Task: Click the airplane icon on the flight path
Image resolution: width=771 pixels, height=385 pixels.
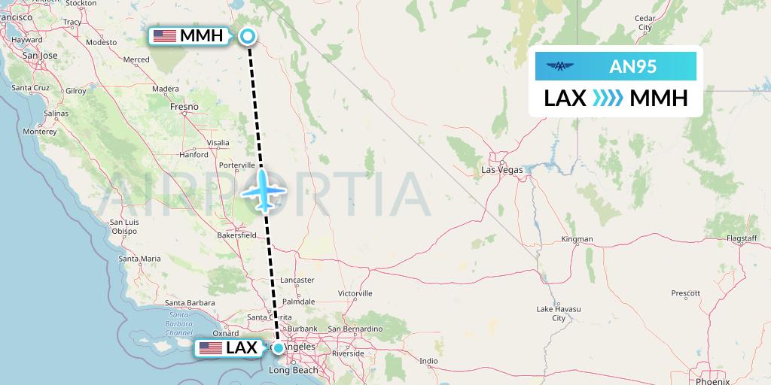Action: click(x=264, y=189)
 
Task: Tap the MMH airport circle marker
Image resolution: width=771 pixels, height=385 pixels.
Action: click(x=247, y=35)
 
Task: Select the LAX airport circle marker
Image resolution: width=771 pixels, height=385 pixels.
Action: click(x=279, y=347)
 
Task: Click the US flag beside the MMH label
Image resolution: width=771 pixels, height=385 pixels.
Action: click(x=164, y=35)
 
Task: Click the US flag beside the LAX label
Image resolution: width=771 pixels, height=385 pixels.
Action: click(x=210, y=348)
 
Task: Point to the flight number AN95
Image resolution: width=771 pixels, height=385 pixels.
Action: click(x=632, y=67)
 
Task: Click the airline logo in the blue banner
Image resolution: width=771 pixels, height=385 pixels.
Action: click(x=560, y=67)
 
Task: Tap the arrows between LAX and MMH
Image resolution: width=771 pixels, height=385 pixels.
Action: click(x=608, y=99)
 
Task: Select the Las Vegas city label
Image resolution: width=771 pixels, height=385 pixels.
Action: click(x=502, y=170)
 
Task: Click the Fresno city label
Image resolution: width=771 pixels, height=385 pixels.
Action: click(x=184, y=107)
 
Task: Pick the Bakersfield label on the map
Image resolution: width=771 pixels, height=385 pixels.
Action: click(x=236, y=235)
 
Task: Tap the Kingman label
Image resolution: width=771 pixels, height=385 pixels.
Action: click(x=577, y=239)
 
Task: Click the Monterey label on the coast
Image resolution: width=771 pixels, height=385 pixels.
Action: click(x=40, y=131)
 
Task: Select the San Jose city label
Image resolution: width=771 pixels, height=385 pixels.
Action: click(x=40, y=55)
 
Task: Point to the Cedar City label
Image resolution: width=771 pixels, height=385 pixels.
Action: click(x=645, y=23)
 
